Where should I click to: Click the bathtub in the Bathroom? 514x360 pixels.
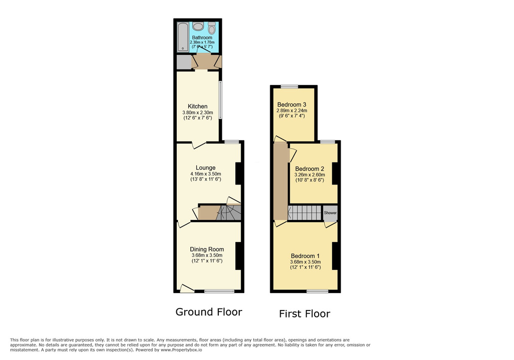click(x=183, y=37)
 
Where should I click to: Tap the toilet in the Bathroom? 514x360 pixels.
click(x=212, y=28)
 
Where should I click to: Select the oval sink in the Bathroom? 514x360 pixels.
click(x=198, y=27)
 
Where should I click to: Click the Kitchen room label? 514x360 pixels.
click(x=198, y=106)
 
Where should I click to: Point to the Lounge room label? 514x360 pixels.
click(x=205, y=167)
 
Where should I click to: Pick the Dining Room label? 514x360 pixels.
click(x=207, y=249)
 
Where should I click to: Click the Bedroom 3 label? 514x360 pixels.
click(x=292, y=104)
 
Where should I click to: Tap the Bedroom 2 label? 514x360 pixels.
click(x=310, y=168)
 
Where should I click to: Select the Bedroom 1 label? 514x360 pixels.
click(x=305, y=255)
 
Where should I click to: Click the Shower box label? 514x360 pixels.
click(x=330, y=213)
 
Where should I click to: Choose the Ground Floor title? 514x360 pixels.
click(x=209, y=312)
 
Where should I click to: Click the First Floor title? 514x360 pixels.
click(x=305, y=314)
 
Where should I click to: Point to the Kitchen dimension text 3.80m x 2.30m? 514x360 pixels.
click(x=198, y=113)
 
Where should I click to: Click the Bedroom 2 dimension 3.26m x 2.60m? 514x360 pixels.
click(x=310, y=175)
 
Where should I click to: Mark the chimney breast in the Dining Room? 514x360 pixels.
click(x=238, y=256)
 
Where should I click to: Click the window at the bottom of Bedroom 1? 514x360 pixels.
click(x=317, y=291)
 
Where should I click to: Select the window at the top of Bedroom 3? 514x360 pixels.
click(x=289, y=86)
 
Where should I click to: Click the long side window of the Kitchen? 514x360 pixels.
click(x=220, y=100)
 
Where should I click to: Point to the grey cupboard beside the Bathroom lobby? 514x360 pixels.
click(x=183, y=62)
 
